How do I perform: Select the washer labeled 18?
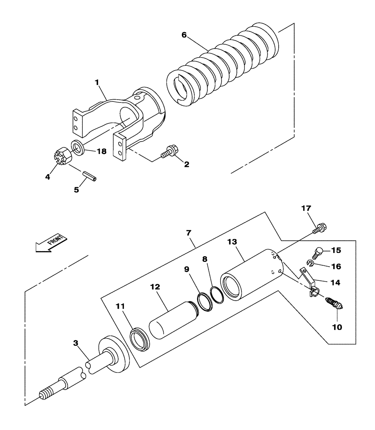coord(77,147)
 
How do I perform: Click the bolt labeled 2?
coord(167,152)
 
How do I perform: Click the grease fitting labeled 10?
coord(335,304)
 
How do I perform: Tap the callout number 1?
coord(97,81)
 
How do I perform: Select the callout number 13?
coord(233,243)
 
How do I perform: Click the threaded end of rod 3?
coord(47,394)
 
